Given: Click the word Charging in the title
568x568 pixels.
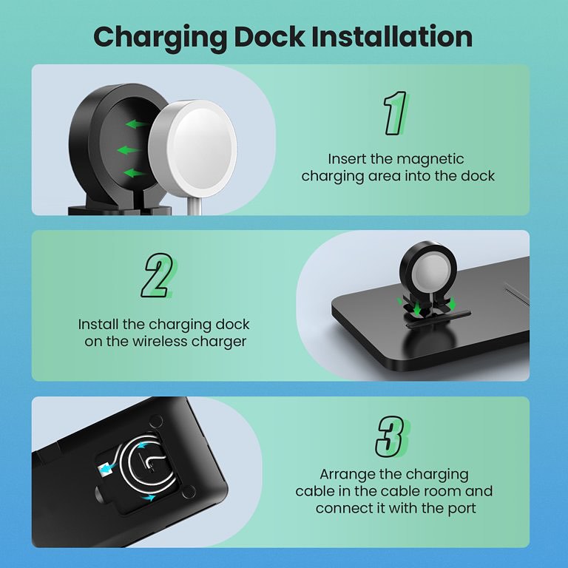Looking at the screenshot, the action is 160,38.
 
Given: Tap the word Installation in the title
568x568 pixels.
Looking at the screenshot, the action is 392,36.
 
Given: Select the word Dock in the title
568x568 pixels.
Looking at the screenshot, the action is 269,36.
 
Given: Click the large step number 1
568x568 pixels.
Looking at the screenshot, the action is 396,113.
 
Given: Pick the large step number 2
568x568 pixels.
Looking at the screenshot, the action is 158,275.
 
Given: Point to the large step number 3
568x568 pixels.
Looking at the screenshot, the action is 392,436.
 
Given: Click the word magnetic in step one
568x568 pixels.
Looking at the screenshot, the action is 430,160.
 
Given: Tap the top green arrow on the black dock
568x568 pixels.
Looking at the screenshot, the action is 136,124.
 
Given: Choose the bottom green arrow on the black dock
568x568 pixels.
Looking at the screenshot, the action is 134,173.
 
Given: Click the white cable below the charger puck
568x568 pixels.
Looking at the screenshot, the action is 195,206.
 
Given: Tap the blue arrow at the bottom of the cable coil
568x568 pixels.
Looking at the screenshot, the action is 149,498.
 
